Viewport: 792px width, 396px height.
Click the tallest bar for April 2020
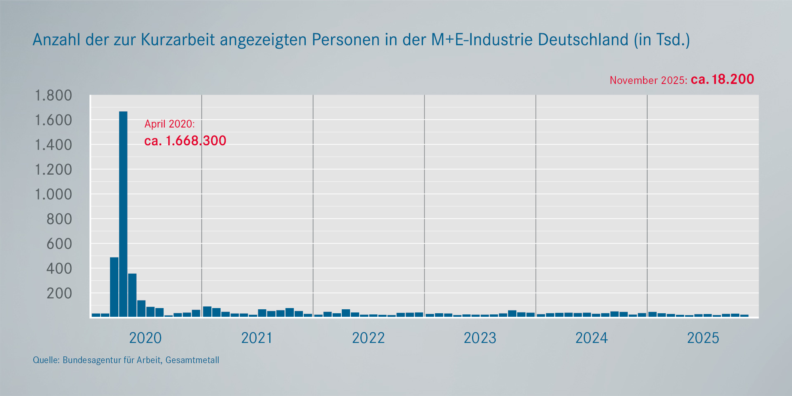123,214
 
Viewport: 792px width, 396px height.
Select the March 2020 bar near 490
114,287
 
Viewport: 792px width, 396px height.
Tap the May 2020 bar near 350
132,295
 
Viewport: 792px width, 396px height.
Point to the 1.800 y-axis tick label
53,95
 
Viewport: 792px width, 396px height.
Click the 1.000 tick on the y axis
53,194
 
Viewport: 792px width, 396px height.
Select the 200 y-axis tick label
59,293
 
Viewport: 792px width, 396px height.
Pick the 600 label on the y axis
59,244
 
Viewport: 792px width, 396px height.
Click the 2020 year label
145,338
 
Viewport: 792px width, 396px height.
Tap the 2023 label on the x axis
480,338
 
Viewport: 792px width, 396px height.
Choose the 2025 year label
703,338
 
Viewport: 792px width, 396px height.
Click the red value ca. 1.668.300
185,141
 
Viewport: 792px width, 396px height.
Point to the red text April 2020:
169,124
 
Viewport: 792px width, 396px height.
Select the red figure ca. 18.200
722,79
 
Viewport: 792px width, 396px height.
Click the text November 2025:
648,80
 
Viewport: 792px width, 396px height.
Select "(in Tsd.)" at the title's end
662,40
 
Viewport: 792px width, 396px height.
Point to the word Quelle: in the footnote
46,360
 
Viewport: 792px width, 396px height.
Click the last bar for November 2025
744,316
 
